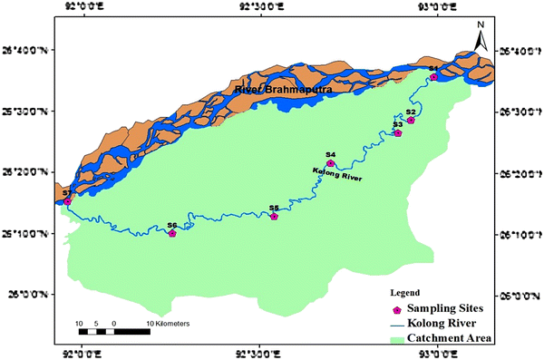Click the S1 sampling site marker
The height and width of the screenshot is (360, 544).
pyautogui.click(x=433, y=77)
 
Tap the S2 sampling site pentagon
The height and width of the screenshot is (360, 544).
pyautogui.click(x=411, y=120)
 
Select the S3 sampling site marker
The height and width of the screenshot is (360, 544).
pyautogui.click(x=397, y=132)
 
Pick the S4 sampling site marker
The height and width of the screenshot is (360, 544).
pyautogui.click(x=330, y=163)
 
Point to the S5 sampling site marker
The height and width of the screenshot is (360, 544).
pyautogui.click(x=274, y=216)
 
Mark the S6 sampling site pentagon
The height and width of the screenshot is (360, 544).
pyautogui.click(x=172, y=233)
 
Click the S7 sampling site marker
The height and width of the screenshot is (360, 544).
pyautogui.click(x=66, y=201)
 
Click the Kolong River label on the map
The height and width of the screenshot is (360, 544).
pyautogui.click(x=336, y=175)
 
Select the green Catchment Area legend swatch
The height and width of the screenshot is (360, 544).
pyautogui.click(x=395, y=338)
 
